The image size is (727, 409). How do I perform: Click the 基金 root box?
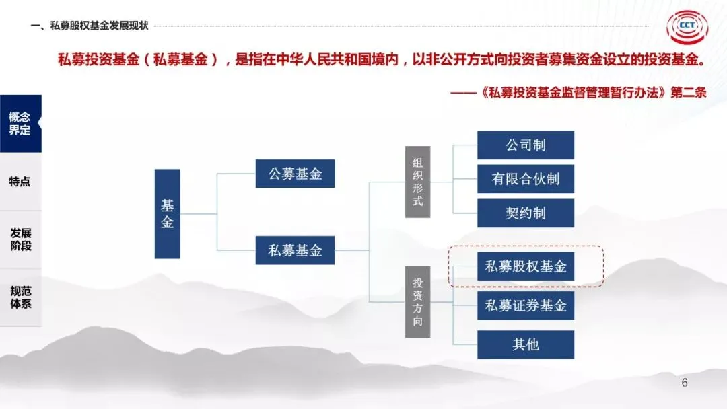pos(168,214)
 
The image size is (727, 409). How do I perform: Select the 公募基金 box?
pos(296,174)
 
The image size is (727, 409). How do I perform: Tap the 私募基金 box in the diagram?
pos(296,251)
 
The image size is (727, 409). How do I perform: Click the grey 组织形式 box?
pos(417,182)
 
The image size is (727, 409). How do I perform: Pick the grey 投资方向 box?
pos(417,302)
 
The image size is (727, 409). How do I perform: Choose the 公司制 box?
pos(526,145)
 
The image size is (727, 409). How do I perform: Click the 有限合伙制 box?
pos(526,180)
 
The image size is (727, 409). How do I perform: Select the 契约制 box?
pos(526,213)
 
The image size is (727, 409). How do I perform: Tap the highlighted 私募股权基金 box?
pos(526,266)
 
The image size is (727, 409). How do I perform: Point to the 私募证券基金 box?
pos(526,306)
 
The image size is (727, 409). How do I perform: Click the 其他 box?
pos(526,344)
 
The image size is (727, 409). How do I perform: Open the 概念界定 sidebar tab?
pos(20,124)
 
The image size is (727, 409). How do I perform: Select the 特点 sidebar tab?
pos(20,182)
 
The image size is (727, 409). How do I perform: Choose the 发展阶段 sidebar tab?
pos(20,239)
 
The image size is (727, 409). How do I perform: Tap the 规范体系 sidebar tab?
pos(20,297)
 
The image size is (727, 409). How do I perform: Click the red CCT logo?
pos(687,28)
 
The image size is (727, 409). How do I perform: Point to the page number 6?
pos(685,383)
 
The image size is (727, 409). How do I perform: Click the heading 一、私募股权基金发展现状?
pos(90,26)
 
